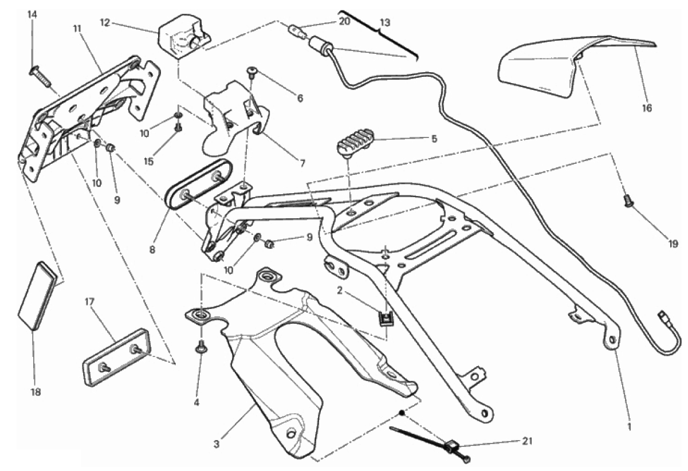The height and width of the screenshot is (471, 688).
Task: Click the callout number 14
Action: click(32, 14)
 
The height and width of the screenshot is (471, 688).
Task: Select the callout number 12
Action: click(105, 23)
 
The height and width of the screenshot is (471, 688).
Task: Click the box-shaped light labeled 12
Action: click(185, 36)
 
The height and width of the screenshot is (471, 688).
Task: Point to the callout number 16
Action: click(647, 108)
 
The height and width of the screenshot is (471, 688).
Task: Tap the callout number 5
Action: click(434, 139)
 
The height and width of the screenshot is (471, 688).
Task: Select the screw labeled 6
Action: click(251, 71)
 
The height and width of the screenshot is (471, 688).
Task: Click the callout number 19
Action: click(673, 244)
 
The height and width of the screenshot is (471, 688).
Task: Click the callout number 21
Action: click(527, 441)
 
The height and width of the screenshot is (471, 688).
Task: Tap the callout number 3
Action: click(217, 444)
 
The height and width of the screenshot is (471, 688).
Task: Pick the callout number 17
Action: click(89, 302)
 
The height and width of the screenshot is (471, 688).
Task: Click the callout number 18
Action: click(36, 392)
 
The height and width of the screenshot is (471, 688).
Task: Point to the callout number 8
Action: click(152, 250)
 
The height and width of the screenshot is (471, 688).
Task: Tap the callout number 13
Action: click(385, 22)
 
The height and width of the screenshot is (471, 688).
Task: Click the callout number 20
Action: click(345, 22)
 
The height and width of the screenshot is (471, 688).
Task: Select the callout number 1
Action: click(629, 427)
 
